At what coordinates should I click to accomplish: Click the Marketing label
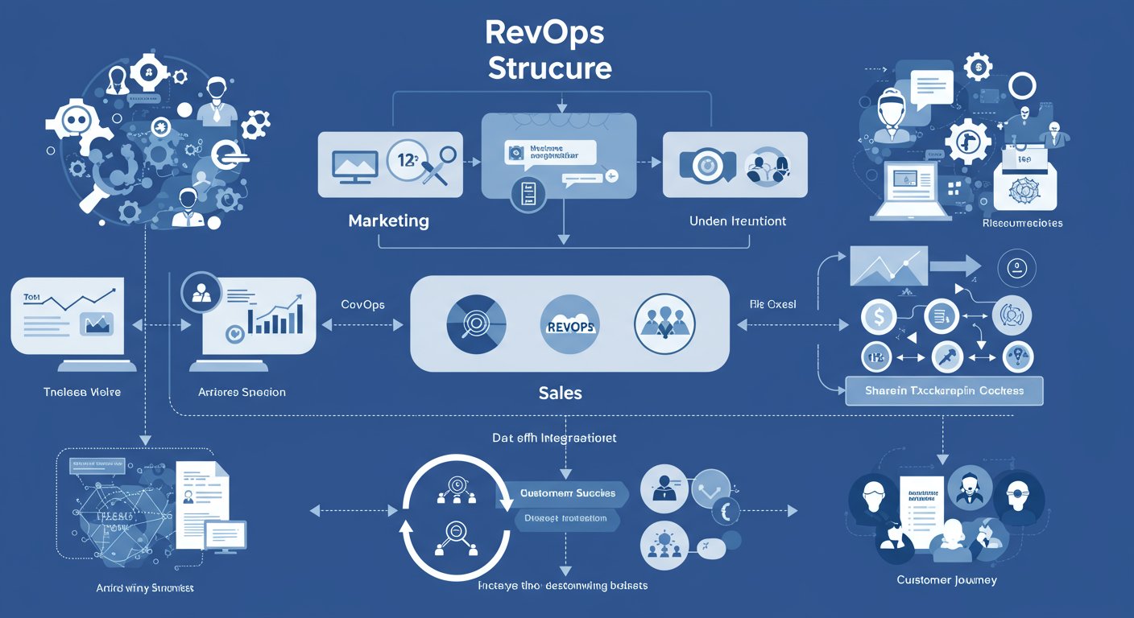(388, 220)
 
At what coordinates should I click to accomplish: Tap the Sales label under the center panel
(560, 393)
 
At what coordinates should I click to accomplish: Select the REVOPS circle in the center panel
(569, 325)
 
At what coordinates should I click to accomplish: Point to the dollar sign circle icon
(879, 317)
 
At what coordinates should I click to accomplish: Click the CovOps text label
(362, 305)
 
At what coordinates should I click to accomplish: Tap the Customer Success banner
(567, 493)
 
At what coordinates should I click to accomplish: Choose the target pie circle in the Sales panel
(475, 325)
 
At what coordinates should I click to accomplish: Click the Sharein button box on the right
(945, 390)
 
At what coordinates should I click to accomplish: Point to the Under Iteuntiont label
(738, 220)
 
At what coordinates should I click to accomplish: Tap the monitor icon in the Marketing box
(356, 164)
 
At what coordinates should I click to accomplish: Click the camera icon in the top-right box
(706, 164)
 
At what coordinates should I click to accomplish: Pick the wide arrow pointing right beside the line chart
(954, 267)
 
